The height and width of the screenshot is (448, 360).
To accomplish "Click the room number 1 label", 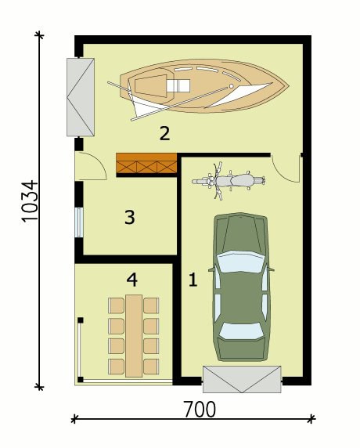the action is pyautogui.click(x=193, y=280).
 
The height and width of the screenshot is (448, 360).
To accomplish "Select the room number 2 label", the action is pyautogui.click(x=164, y=133).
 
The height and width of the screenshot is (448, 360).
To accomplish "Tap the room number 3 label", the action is pyautogui.click(x=130, y=217).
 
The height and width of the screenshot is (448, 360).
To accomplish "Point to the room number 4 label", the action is pyautogui.click(x=132, y=280).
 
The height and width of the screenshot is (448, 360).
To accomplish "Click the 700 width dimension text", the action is pyautogui.click(x=200, y=409).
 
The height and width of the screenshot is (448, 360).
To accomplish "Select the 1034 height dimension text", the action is pyautogui.click(x=30, y=201).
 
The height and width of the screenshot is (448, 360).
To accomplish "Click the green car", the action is pyautogui.click(x=241, y=287).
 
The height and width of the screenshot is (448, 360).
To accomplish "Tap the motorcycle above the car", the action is pyautogui.click(x=229, y=181).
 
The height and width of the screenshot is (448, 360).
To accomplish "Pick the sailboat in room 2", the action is pyautogui.click(x=199, y=89).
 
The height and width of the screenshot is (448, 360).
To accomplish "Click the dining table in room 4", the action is pyautogui.click(x=134, y=336).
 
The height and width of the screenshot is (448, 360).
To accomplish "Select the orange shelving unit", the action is pyautogui.click(x=146, y=163).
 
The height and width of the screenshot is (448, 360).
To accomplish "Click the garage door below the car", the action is pyautogui.click(x=242, y=379).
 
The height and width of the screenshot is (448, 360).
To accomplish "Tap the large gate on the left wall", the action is pyautogui.click(x=81, y=97).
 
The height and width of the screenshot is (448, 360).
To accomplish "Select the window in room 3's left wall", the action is pyautogui.click(x=79, y=222).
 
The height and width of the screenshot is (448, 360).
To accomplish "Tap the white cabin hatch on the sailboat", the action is pyautogui.click(x=178, y=85).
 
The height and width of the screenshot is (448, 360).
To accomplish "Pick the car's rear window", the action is pyautogui.click(x=241, y=331).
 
